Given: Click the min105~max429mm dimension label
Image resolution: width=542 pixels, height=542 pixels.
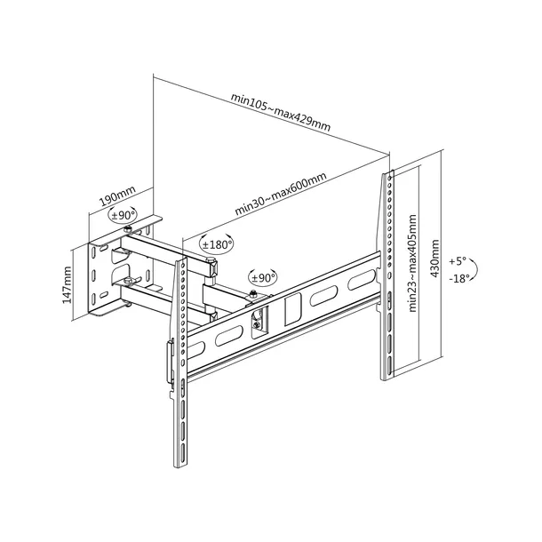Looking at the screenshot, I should pyautogui.click(x=280, y=112).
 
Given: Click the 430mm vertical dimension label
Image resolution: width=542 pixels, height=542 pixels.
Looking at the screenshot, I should pyautogui.click(x=434, y=258).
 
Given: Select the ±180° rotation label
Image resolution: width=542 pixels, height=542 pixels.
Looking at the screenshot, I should pyautogui.click(x=216, y=243).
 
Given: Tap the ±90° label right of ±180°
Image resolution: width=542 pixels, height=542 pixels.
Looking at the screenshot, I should pyautogui.click(x=263, y=276).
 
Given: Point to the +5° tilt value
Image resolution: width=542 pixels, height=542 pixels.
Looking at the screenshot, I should pyautogui.click(x=457, y=262).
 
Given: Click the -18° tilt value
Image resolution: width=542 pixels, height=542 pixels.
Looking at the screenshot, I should pyautogui.click(x=459, y=278).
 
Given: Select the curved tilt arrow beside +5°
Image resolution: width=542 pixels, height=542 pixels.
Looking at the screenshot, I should pyautogui.click(x=477, y=269).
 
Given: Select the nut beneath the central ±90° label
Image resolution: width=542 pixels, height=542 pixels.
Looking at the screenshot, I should pyautogui.click(x=255, y=295).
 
